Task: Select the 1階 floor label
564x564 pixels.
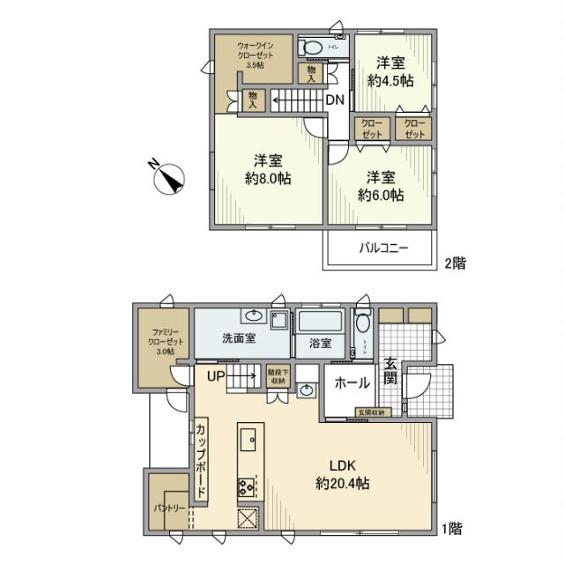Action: pos(453,530)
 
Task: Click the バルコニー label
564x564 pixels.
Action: pos(382,249)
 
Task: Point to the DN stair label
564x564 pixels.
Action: pos(335,100)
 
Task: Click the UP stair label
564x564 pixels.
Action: pos(217,375)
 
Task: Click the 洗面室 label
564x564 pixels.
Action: pos(239,338)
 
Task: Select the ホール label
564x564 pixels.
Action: pos(352,383)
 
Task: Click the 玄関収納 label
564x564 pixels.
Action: pos(370,412)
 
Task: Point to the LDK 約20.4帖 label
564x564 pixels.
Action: pos(342,474)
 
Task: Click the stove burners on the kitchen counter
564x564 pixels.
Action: pos(246,486)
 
